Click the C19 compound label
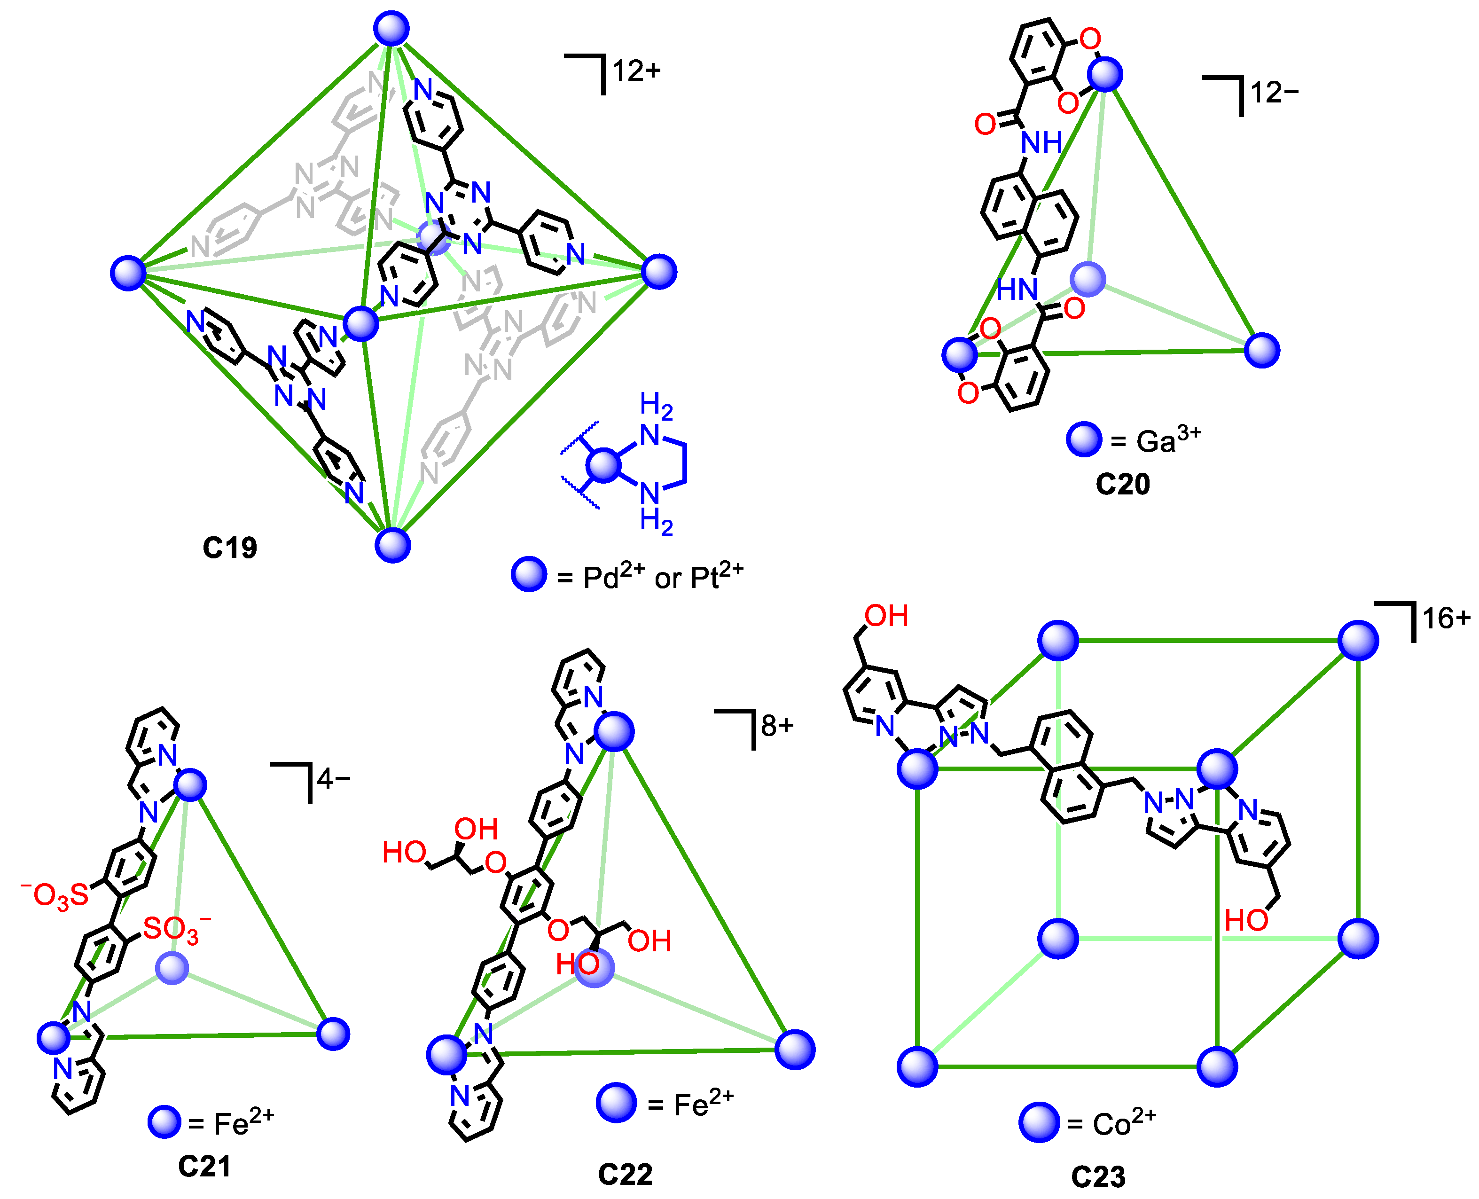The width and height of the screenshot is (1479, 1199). [229, 548]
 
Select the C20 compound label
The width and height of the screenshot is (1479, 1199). [1123, 484]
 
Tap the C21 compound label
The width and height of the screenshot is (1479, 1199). [204, 1167]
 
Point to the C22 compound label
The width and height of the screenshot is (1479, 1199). [625, 1174]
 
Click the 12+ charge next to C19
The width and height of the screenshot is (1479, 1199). [636, 71]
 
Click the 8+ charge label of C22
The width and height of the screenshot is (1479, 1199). [777, 726]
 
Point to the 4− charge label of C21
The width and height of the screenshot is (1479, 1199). [333, 780]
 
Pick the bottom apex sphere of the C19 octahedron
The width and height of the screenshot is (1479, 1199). [393, 545]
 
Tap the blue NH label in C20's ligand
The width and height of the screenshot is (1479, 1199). [1041, 143]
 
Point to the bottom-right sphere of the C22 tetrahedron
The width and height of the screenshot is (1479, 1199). [795, 1050]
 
